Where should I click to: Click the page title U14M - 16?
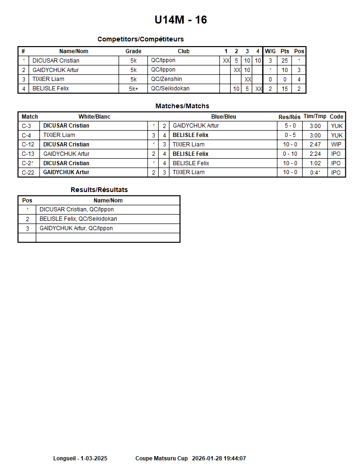[x=181, y=20]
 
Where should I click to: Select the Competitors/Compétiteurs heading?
[x=140, y=39]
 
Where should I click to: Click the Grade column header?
[x=133, y=51]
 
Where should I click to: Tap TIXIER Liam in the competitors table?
[x=48, y=79]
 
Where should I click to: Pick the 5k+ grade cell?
[x=134, y=88]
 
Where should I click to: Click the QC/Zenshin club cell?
[x=167, y=79]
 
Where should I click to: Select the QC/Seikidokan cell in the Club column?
[x=170, y=88]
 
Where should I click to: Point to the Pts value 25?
[x=285, y=61]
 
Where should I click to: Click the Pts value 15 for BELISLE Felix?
[x=285, y=88]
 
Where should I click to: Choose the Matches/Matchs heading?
[x=182, y=106]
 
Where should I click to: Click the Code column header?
[x=336, y=117]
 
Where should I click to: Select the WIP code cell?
[x=336, y=145]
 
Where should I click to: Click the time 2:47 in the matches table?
[x=315, y=145]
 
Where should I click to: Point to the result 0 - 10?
[x=290, y=154]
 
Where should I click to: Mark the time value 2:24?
[x=315, y=154]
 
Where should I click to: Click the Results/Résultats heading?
[x=99, y=190]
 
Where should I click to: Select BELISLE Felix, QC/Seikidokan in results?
[x=78, y=219]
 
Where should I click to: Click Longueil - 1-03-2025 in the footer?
[x=80, y=458]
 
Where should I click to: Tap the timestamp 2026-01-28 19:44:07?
[x=219, y=458]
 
